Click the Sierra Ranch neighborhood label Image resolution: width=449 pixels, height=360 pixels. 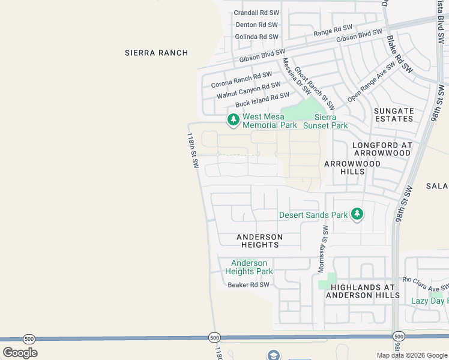(156, 53)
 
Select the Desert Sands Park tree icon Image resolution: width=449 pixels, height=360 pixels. (357, 214)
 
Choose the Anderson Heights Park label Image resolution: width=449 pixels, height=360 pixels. (249, 267)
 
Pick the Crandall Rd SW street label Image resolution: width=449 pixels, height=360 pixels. (256, 13)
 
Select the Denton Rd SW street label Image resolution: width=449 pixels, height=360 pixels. (257, 25)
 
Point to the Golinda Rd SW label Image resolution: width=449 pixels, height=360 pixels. (257, 37)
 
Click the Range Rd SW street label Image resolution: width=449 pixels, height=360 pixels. (333, 29)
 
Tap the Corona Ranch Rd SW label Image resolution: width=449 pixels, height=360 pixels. (241, 80)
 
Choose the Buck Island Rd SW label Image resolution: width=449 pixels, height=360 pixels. (262, 100)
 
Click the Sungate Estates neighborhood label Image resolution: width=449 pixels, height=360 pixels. (394, 115)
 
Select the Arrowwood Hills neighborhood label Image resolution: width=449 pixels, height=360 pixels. (352, 167)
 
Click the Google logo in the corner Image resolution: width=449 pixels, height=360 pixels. (20, 353)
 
